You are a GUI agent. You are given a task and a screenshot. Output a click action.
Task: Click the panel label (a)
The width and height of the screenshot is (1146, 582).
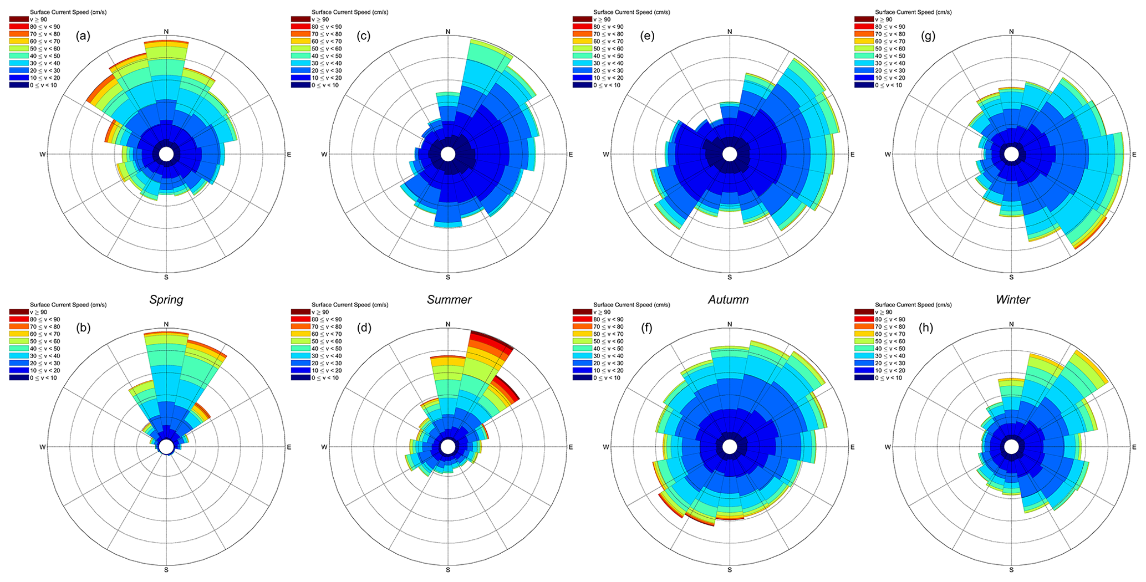84,37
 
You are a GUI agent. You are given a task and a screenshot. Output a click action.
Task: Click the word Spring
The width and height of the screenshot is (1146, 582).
166,300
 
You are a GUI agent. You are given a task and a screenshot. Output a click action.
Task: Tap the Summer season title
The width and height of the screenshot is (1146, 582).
449,300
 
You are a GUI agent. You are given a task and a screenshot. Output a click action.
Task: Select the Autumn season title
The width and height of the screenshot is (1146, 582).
728,300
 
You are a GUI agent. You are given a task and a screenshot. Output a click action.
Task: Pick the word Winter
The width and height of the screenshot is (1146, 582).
1012,300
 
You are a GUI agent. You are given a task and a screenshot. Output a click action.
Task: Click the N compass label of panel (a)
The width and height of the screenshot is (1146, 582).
166,31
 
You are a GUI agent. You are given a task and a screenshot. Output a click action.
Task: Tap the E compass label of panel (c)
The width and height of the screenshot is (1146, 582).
571,155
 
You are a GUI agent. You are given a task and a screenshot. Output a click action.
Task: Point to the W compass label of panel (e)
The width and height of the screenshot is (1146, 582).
606,155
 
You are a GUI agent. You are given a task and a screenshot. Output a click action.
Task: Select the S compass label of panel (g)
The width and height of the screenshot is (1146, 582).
1011,277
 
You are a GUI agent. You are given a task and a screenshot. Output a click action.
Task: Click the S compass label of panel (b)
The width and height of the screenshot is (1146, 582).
166,570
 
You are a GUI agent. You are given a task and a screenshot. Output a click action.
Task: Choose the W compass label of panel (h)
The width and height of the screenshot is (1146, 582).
888,447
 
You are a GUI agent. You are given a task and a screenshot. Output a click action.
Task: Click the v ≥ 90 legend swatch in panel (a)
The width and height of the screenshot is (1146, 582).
18,19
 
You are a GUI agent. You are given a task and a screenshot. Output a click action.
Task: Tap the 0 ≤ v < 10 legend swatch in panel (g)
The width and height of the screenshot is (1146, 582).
863,85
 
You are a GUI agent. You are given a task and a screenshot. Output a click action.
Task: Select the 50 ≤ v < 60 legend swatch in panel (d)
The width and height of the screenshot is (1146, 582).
299,341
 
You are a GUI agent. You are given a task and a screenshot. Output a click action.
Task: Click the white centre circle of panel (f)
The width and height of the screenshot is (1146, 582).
730,447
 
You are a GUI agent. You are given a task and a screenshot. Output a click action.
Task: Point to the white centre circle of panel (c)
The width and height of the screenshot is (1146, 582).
448,154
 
